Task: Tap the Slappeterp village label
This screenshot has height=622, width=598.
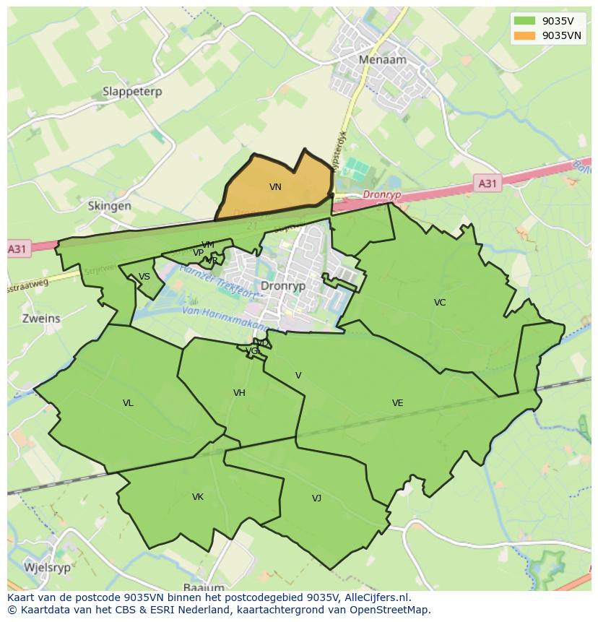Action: tap(132, 92)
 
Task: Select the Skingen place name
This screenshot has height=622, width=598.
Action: tap(110, 206)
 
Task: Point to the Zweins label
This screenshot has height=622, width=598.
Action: tap(41, 318)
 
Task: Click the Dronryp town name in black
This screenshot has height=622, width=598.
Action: tap(283, 286)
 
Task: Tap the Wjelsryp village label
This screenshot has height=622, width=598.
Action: tap(48, 567)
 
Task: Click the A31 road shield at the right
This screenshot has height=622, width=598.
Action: tap(487, 183)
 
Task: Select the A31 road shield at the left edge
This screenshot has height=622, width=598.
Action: tap(17, 249)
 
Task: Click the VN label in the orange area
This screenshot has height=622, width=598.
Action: tap(275, 187)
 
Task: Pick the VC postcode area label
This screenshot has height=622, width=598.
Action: tap(440, 303)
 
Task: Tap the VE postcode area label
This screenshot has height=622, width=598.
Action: tap(397, 403)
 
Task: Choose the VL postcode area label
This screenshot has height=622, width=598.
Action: tap(128, 403)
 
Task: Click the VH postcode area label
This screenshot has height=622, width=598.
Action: tap(239, 393)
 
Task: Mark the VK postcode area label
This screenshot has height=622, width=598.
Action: tap(198, 497)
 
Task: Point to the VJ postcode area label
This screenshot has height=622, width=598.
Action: tap(316, 498)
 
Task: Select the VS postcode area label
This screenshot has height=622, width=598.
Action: tap(144, 277)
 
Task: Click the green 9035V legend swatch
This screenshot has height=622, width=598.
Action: tap(525, 21)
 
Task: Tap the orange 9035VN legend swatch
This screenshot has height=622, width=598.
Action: tap(525, 35)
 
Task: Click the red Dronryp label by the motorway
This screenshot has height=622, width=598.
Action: tap(381, 195)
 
